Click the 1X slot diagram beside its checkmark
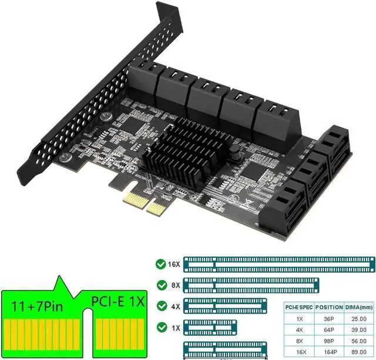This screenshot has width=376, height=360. point(210,327)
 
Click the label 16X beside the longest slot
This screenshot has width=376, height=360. point(174,264)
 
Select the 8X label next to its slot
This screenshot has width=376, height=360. point(174,285)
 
